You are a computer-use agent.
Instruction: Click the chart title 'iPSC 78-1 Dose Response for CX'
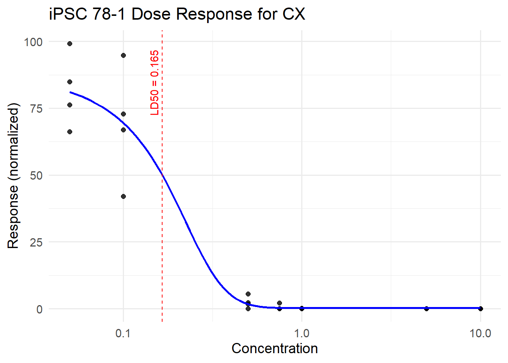[x=177, y=14]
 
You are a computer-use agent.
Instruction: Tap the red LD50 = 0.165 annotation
[x=155, y=82]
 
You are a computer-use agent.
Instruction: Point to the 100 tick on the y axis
[x=33, y=42]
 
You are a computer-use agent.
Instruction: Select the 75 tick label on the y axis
[x=36, y=109]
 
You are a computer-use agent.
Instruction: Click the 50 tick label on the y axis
[x=36, y=175]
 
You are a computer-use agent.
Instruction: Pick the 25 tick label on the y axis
[x=36, y=242]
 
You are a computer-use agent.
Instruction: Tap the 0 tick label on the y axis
[x=39, y=309]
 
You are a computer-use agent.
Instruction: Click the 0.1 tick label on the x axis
[x=123, y=333]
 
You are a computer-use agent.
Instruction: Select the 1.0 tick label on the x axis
[x=302, y=333]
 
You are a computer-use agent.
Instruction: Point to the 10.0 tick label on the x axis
[x=480, y=333]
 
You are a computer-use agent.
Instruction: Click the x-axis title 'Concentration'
[x=274, y=349]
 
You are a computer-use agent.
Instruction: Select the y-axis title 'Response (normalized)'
[x=13, y=175]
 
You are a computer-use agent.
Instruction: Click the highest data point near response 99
[x=70, y=44]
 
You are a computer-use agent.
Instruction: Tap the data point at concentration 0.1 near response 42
[x=123, y=196]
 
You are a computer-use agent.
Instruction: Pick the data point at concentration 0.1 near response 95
[x=123, y=56]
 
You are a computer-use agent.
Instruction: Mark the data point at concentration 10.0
[x=480, y=309]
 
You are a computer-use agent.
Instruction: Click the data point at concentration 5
[x=427, y=309]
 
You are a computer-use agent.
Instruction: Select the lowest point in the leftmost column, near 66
[x=70, y=132]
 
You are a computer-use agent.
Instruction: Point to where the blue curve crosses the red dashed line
[x=162, y=174]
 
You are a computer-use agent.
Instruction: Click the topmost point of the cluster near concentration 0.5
[x=248, y=294]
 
